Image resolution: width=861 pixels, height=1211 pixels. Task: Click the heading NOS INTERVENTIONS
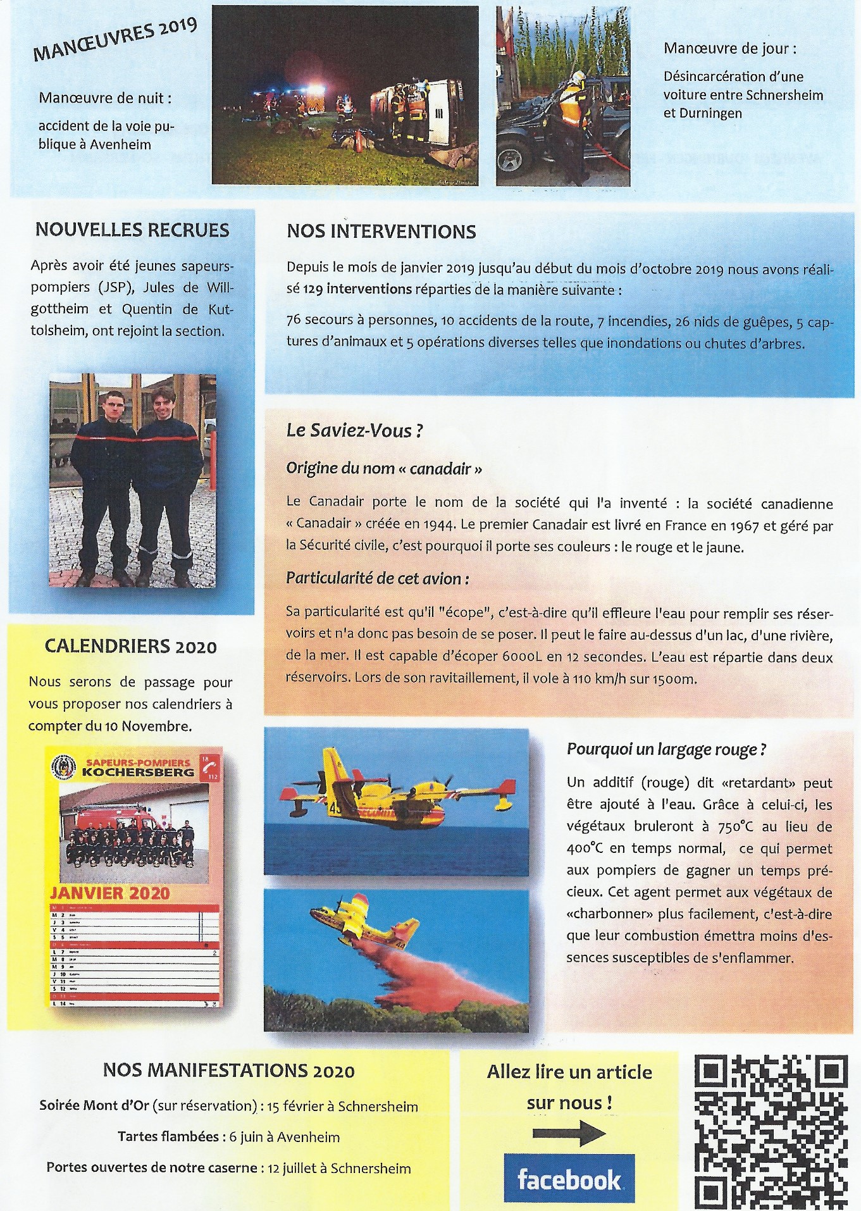381,232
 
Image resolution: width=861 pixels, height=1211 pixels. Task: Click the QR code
771,1130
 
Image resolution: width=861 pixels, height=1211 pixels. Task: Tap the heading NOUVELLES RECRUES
132,230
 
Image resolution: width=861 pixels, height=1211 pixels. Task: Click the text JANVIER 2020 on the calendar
110,893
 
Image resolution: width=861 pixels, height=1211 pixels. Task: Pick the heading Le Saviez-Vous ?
354,431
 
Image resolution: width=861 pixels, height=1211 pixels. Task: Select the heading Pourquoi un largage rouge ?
666,750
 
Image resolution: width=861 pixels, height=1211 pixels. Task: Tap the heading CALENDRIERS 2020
130,647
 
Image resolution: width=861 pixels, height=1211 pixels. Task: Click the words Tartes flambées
168,1136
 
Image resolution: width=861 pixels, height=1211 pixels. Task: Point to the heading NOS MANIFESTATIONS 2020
228,1071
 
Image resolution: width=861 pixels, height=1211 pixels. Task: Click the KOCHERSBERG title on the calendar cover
137,773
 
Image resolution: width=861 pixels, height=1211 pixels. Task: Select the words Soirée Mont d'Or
94,1105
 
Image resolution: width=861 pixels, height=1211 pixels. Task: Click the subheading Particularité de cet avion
377,579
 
